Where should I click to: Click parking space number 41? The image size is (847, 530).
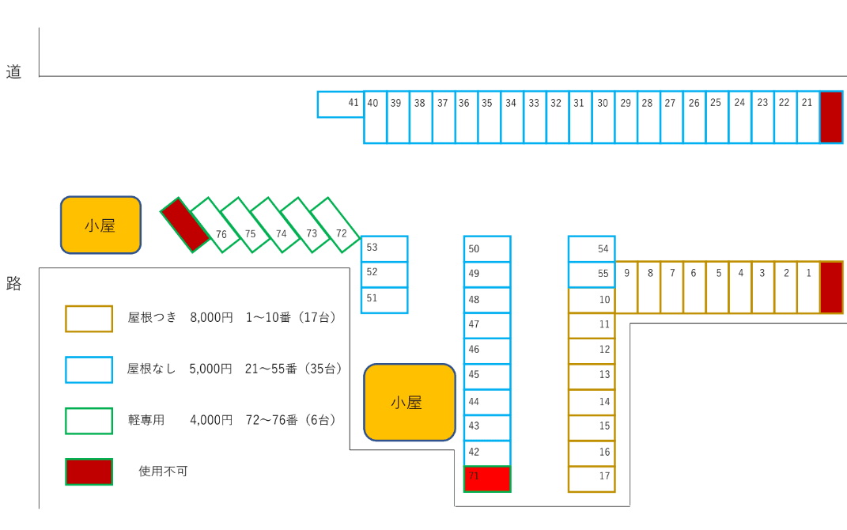pos(341,104)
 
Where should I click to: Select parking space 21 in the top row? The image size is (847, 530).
pos(807,117)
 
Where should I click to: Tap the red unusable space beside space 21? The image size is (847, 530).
pos(831,117)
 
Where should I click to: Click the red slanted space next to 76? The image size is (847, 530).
pos(185,225)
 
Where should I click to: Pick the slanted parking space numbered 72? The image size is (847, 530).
pos(335,225)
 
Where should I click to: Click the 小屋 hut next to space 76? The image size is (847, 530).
pos(100,225)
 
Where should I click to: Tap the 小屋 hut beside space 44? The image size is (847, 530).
pos(410,402)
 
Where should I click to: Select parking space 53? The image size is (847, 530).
pos(384,248)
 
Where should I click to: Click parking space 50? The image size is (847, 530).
pos(487,248)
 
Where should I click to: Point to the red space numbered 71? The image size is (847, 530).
pos(487,479)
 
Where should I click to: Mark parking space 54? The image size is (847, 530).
pos(592,248)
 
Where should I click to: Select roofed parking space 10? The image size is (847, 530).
pos(592,300)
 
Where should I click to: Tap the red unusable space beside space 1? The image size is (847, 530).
pos(831,287)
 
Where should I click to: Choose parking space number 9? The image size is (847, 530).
pos(626,287)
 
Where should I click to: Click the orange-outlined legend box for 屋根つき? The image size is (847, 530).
pos(89,318)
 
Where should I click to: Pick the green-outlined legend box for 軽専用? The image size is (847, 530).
pos(89,420)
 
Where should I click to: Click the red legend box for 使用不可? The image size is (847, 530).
pos(89,471)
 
